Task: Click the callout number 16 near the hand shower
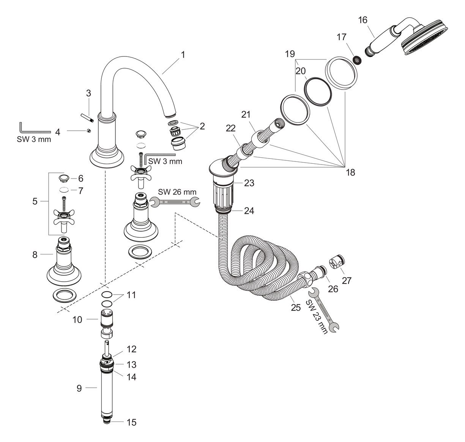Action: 363,19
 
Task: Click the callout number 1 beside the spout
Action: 183,55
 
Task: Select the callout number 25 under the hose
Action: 295,307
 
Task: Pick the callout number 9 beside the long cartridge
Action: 79,388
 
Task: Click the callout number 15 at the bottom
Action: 131,422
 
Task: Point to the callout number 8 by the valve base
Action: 35,255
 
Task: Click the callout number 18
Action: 350,172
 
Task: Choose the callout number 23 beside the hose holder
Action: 249,183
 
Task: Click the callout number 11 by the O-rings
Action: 131,295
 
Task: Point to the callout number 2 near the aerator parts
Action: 202,126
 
